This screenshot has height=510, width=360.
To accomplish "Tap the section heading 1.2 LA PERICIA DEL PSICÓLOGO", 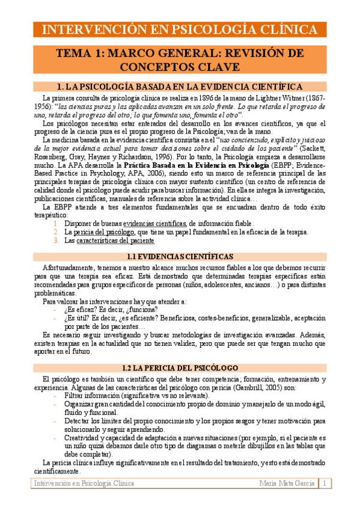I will click(x=180, y=367).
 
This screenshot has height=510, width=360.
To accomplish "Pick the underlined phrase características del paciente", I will click(x=110, y=240).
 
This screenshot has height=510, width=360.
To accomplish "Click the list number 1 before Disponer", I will click(x=56, y=223).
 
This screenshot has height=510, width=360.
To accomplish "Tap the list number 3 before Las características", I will click(x=56, y=240).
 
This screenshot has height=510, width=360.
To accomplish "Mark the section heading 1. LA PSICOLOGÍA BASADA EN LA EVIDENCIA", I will click(x=179, y=86).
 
